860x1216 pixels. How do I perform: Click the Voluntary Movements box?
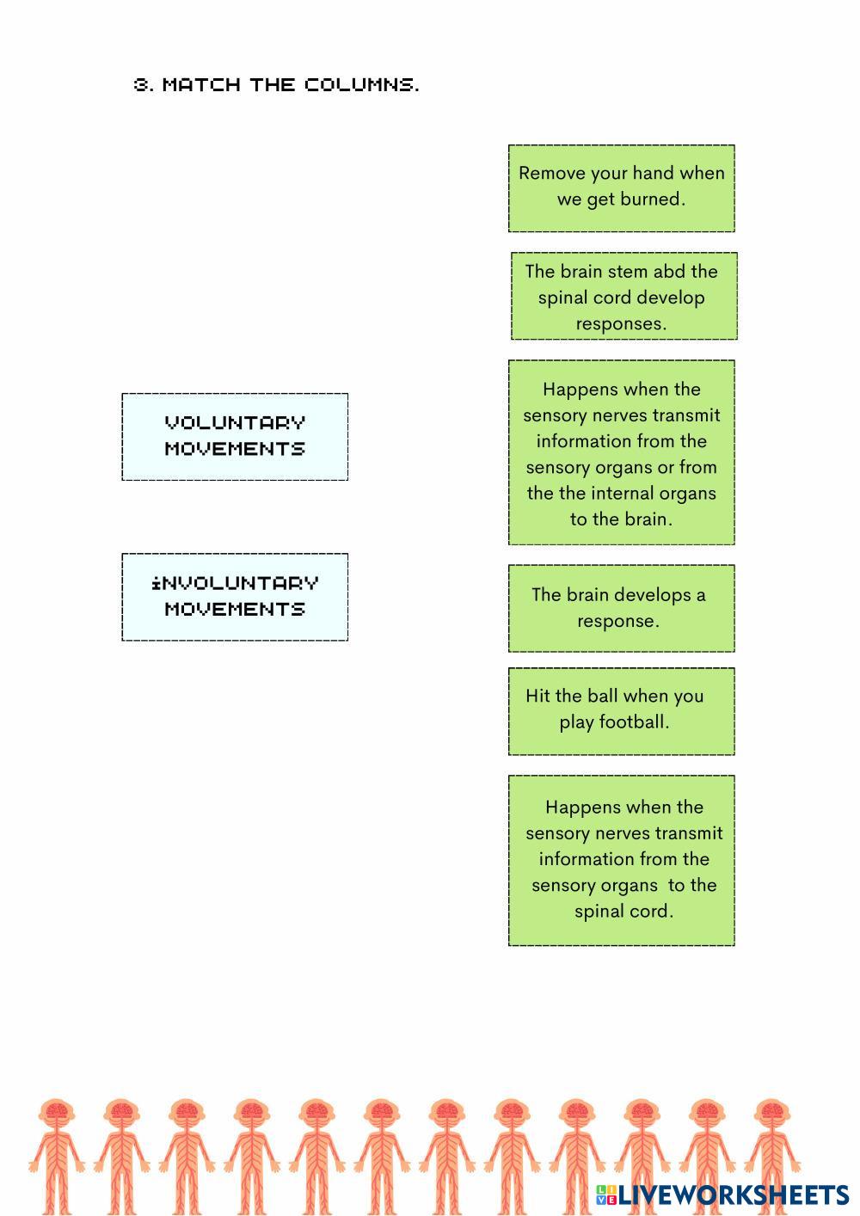tap(235, 436)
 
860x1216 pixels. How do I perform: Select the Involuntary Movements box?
tap(235, 597)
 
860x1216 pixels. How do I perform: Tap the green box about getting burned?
tap(621, 188)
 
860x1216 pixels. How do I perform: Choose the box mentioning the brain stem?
tap(623, 296)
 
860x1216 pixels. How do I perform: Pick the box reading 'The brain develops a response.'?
tap(621, 608)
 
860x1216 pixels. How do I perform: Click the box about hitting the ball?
tap(621, 711)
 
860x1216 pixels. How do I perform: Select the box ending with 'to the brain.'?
tap(621, 452)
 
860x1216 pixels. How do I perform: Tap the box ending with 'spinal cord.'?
tap(621, 860)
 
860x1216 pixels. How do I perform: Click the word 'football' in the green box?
tap(634, 722)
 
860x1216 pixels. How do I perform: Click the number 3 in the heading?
tap(142, 84)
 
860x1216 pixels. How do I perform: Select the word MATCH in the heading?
tap(201, 84)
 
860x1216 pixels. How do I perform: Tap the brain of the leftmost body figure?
tap(57, 1110)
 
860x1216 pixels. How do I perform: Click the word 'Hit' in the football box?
tap(538, 696)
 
